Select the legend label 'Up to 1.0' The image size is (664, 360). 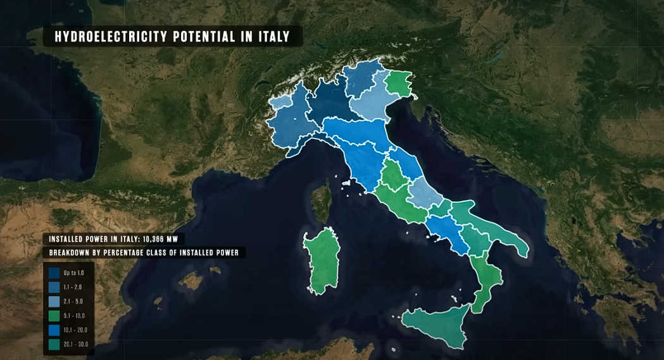(x=73, y=273)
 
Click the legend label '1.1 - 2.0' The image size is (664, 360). (x=73, y=287)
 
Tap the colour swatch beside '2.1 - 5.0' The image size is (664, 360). (x=54, y=301)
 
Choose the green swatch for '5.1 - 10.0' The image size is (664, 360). (x=54, y=315)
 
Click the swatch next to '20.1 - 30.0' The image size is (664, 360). (x=54, y=344)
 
